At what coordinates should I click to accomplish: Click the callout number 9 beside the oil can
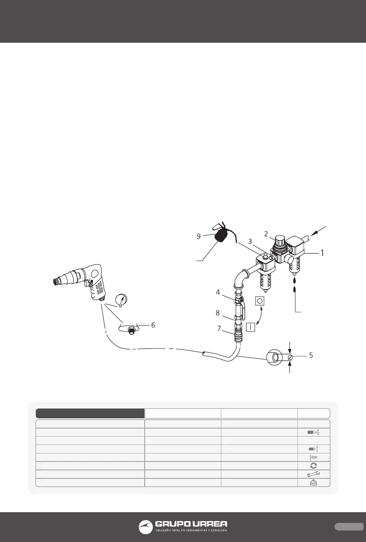(199, 236)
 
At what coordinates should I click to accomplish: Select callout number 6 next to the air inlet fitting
(153, 325)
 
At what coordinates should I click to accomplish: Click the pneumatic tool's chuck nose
(57, 281)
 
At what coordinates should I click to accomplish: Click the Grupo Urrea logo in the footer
(183, 526)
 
